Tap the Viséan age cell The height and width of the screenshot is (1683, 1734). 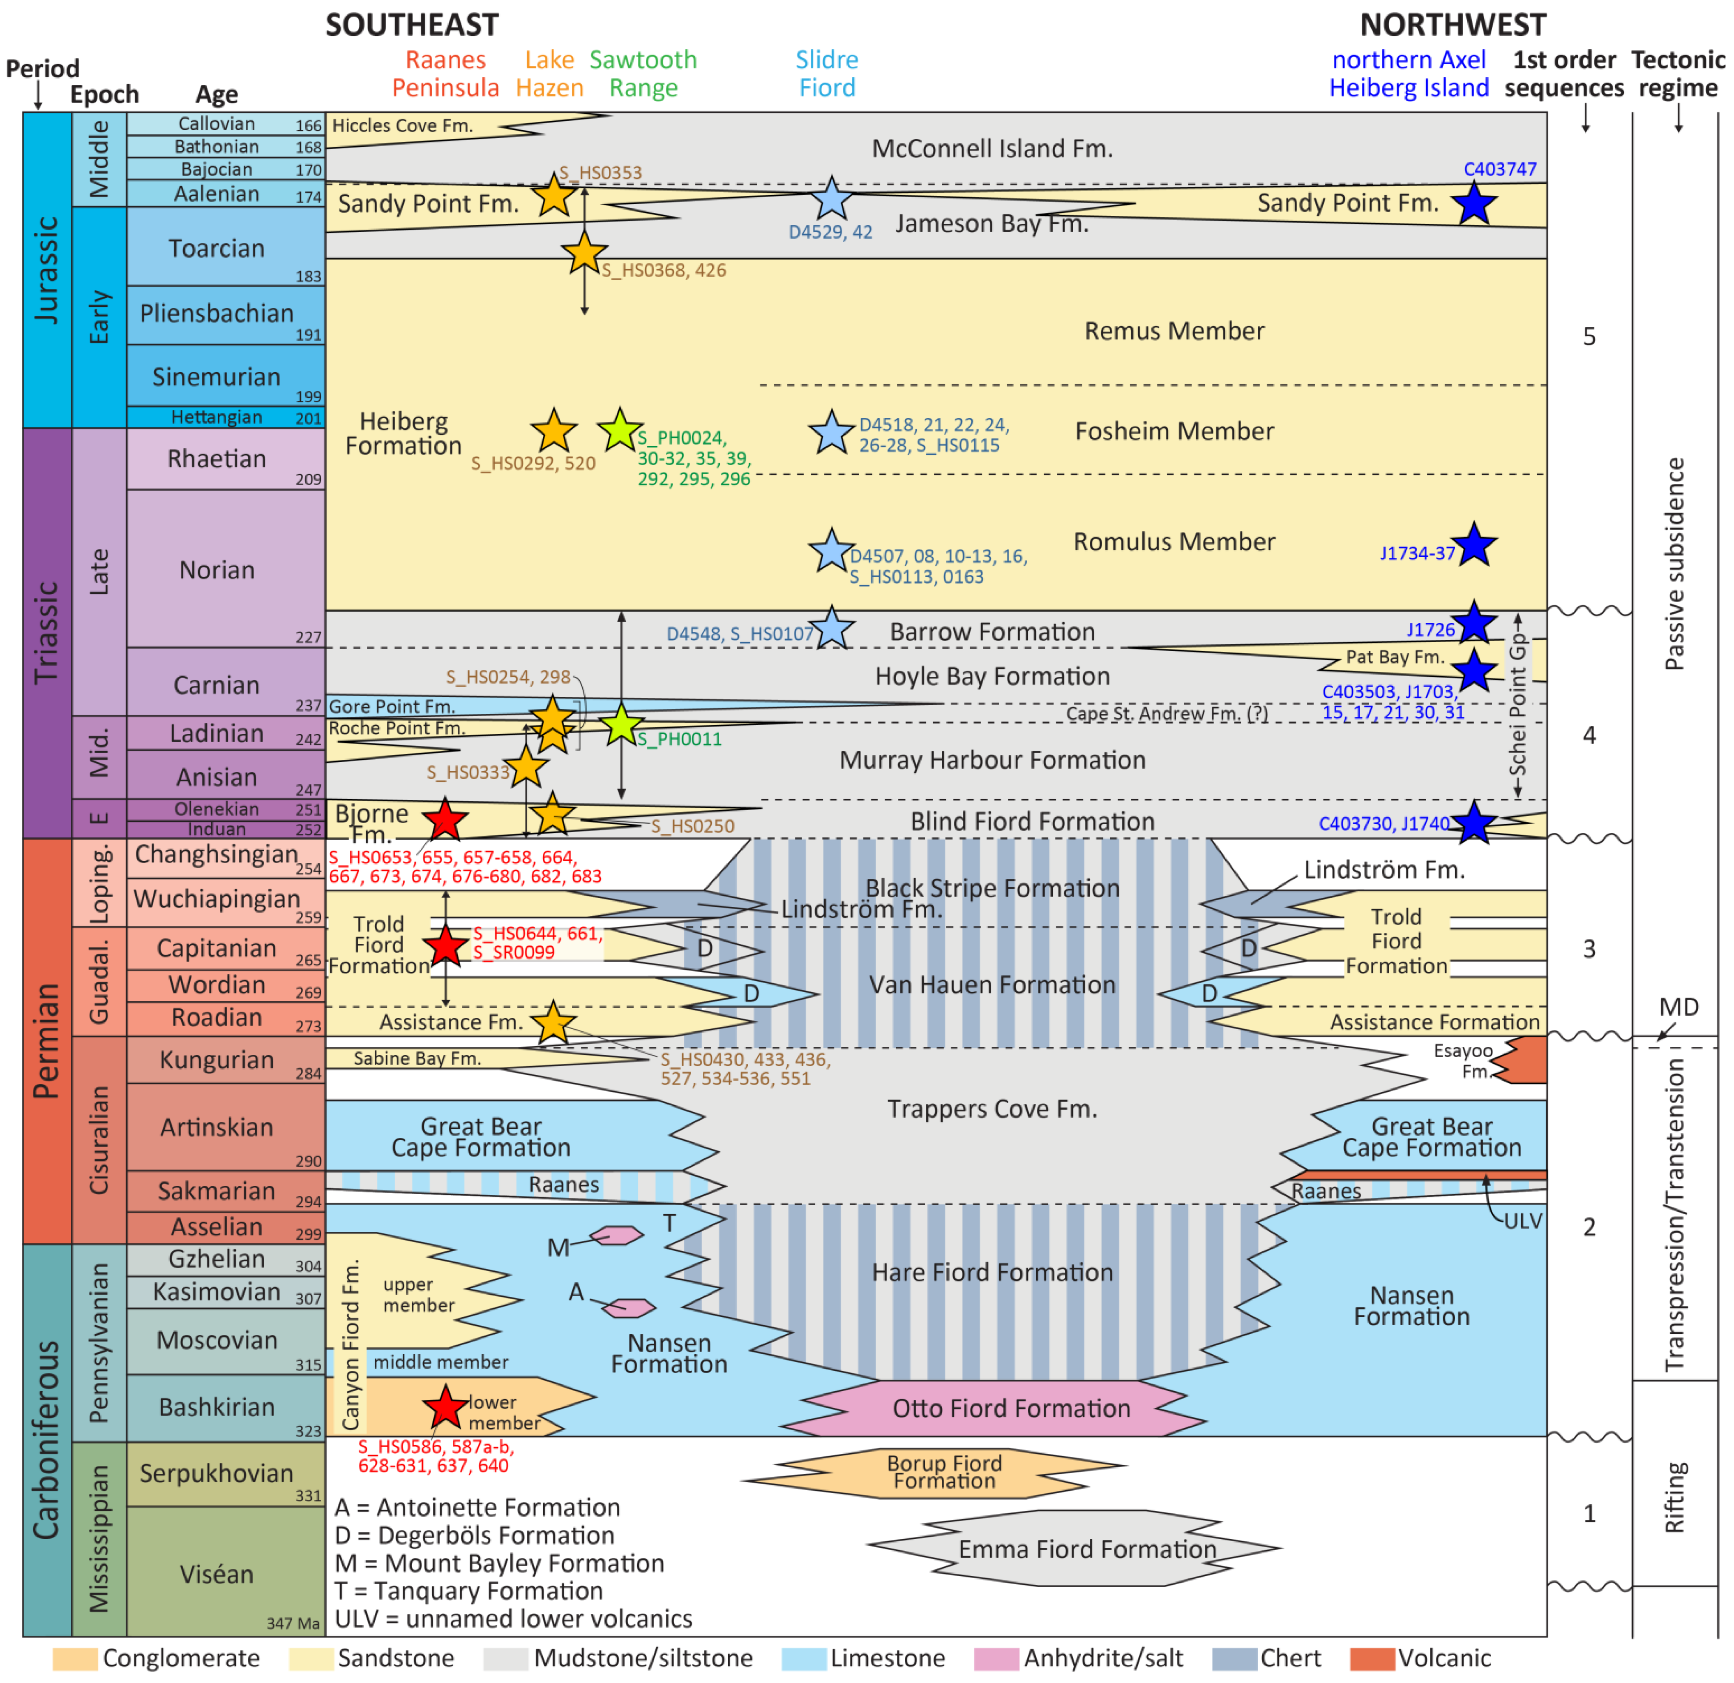(217, 1574)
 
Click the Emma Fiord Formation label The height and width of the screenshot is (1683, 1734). (1087, 1549)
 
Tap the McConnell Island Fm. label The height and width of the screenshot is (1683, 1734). (992, 149)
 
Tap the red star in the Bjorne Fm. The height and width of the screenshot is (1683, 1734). (445, 819)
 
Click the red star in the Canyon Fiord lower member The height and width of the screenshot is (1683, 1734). (445, 1408)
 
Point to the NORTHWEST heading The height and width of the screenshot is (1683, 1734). (1453, 25)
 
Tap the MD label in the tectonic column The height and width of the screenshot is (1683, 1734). (1678, 1007)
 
